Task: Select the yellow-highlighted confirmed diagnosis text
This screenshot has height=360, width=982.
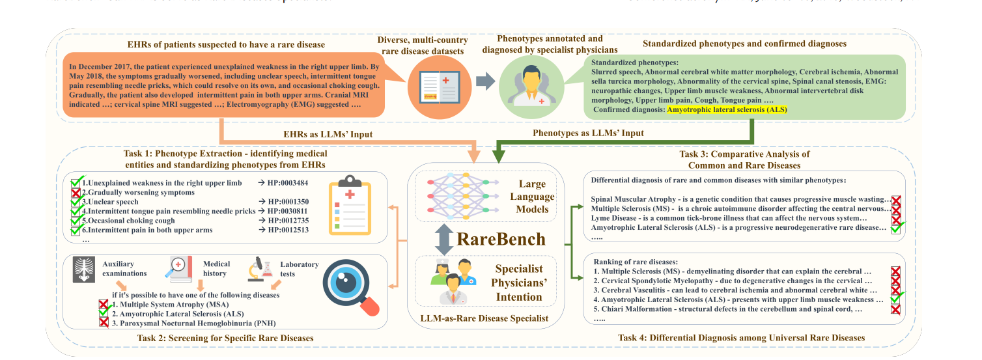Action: click(727, 110)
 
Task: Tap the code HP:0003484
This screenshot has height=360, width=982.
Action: click(285, 184)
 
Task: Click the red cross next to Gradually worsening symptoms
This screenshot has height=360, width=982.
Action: click(76, 193)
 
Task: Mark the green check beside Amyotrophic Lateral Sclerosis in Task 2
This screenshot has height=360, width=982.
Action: click(103, 313)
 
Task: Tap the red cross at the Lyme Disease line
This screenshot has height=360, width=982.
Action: click(896, 218)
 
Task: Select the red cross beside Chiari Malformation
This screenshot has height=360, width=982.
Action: click(895, 309)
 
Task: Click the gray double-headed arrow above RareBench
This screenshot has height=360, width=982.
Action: click(444, 239)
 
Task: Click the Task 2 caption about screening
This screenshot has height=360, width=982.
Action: click(225, 338)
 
